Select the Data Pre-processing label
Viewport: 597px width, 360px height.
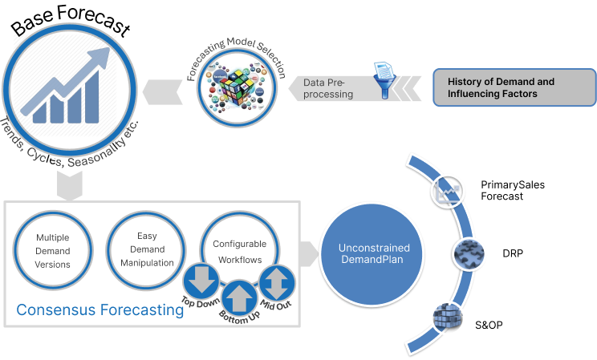click(328, 88)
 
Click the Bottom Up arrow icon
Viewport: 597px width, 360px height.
click(238, 297)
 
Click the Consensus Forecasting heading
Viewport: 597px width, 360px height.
click(100, 309)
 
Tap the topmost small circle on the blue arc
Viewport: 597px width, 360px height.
click(446, 191)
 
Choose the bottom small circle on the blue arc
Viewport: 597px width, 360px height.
click(446, 316)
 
